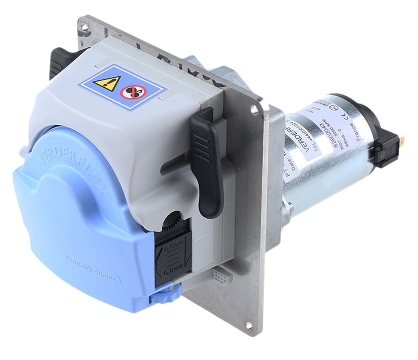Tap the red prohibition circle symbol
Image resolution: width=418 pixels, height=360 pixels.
pyautogui.click(x=133, y=92)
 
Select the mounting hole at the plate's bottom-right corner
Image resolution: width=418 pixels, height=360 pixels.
pyautogui.click(x=248, y=326)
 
